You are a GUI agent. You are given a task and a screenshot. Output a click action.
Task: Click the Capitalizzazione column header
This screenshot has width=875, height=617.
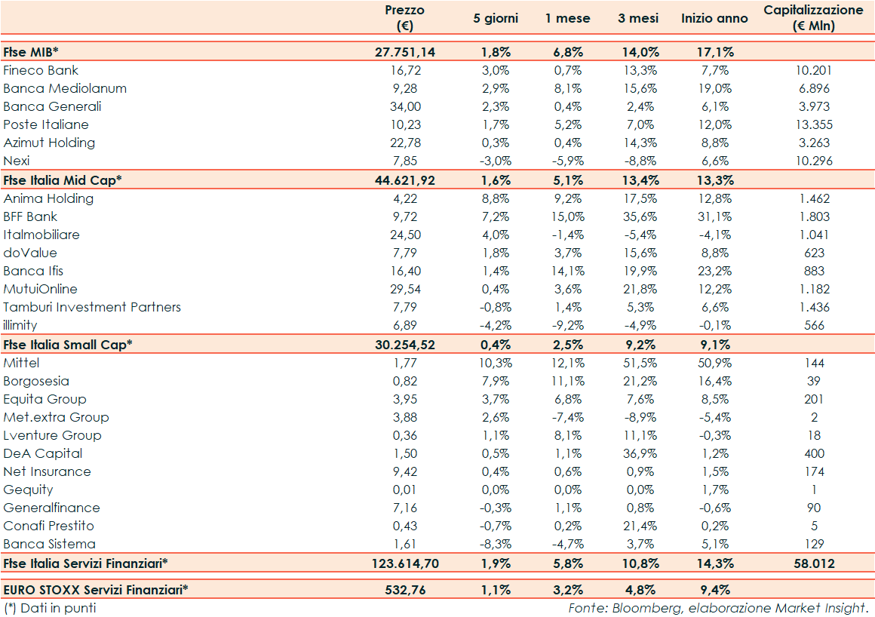point(813,18)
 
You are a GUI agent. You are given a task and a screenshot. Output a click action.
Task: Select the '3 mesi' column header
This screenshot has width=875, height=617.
point(637,18)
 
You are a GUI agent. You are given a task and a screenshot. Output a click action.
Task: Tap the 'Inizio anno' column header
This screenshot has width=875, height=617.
point(714,18)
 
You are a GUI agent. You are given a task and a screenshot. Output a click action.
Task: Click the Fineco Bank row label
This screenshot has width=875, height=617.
point(41,70)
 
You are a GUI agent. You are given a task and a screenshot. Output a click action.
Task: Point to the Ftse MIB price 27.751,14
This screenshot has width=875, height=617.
point(405,52)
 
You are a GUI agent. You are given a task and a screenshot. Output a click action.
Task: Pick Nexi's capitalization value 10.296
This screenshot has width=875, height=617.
point(814,161)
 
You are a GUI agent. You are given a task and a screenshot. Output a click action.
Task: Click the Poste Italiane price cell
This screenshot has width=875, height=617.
point(405,124)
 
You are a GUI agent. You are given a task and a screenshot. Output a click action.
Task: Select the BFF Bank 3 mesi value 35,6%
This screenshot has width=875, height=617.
point(637,216)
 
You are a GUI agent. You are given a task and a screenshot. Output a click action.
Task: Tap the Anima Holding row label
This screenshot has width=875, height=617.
point(48,198)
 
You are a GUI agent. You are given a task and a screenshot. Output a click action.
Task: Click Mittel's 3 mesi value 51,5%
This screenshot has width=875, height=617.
point(637,363)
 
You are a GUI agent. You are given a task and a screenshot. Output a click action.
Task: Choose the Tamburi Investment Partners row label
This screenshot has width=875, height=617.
point(92,307)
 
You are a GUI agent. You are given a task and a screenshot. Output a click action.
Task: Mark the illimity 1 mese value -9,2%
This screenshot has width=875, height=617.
point(567,325)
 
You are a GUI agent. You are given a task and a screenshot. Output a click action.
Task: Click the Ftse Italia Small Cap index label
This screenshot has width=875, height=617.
point(68,344)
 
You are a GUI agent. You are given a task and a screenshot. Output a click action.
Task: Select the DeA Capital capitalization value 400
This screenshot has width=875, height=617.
point(814,453)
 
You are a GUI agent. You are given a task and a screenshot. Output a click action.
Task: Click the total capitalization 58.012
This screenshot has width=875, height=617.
point(814,563)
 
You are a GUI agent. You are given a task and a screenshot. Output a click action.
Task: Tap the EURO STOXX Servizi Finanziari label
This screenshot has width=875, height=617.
point(96,589)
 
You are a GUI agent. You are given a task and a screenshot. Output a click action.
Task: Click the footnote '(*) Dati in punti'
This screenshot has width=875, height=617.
point(50,607)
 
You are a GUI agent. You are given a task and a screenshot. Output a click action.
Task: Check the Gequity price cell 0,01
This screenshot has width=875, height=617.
point(405,490)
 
